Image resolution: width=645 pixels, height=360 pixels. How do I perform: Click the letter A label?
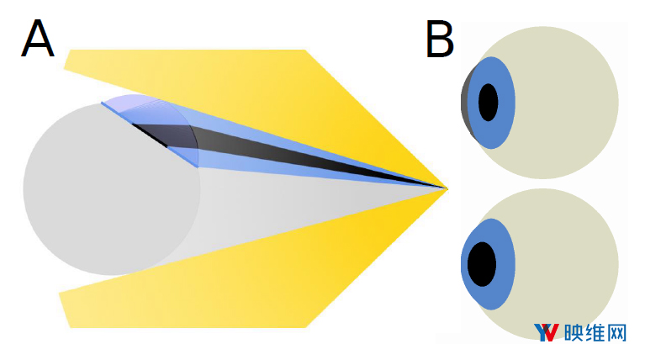[x=38, y=38]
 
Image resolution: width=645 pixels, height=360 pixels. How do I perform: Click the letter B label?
[x=440, y=39]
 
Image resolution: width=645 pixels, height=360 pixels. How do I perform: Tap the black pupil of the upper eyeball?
[x=489, y=103]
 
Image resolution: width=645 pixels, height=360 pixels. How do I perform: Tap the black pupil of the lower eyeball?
[x=482, y=264]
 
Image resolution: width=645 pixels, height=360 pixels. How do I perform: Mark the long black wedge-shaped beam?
[x=288, y=152]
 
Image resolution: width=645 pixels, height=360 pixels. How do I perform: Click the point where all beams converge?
[x=447, y=189]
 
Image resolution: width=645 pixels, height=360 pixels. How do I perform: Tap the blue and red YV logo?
[x=547, y=332]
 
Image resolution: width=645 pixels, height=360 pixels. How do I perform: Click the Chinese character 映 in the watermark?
[x=574, y=332]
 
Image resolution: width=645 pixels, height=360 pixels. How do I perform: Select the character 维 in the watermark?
[x=595, y=332]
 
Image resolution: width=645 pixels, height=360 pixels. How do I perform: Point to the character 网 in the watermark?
[x=616, y=332]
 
